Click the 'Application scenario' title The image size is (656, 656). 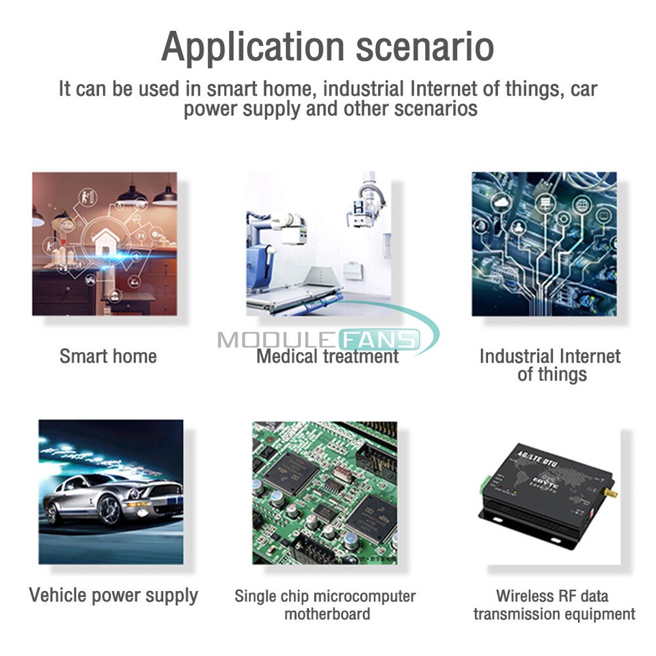[x=327, y=47]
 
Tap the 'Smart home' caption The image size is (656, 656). [x=108, y=356]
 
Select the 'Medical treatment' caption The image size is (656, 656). [x=327, y=356]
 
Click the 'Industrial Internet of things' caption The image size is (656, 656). [x=549, y=365]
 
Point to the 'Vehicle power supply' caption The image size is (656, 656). [x=113, y=595]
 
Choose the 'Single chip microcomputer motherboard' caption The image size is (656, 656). [x=325, y=605]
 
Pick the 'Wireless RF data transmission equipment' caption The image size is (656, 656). [x=553, y=605]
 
